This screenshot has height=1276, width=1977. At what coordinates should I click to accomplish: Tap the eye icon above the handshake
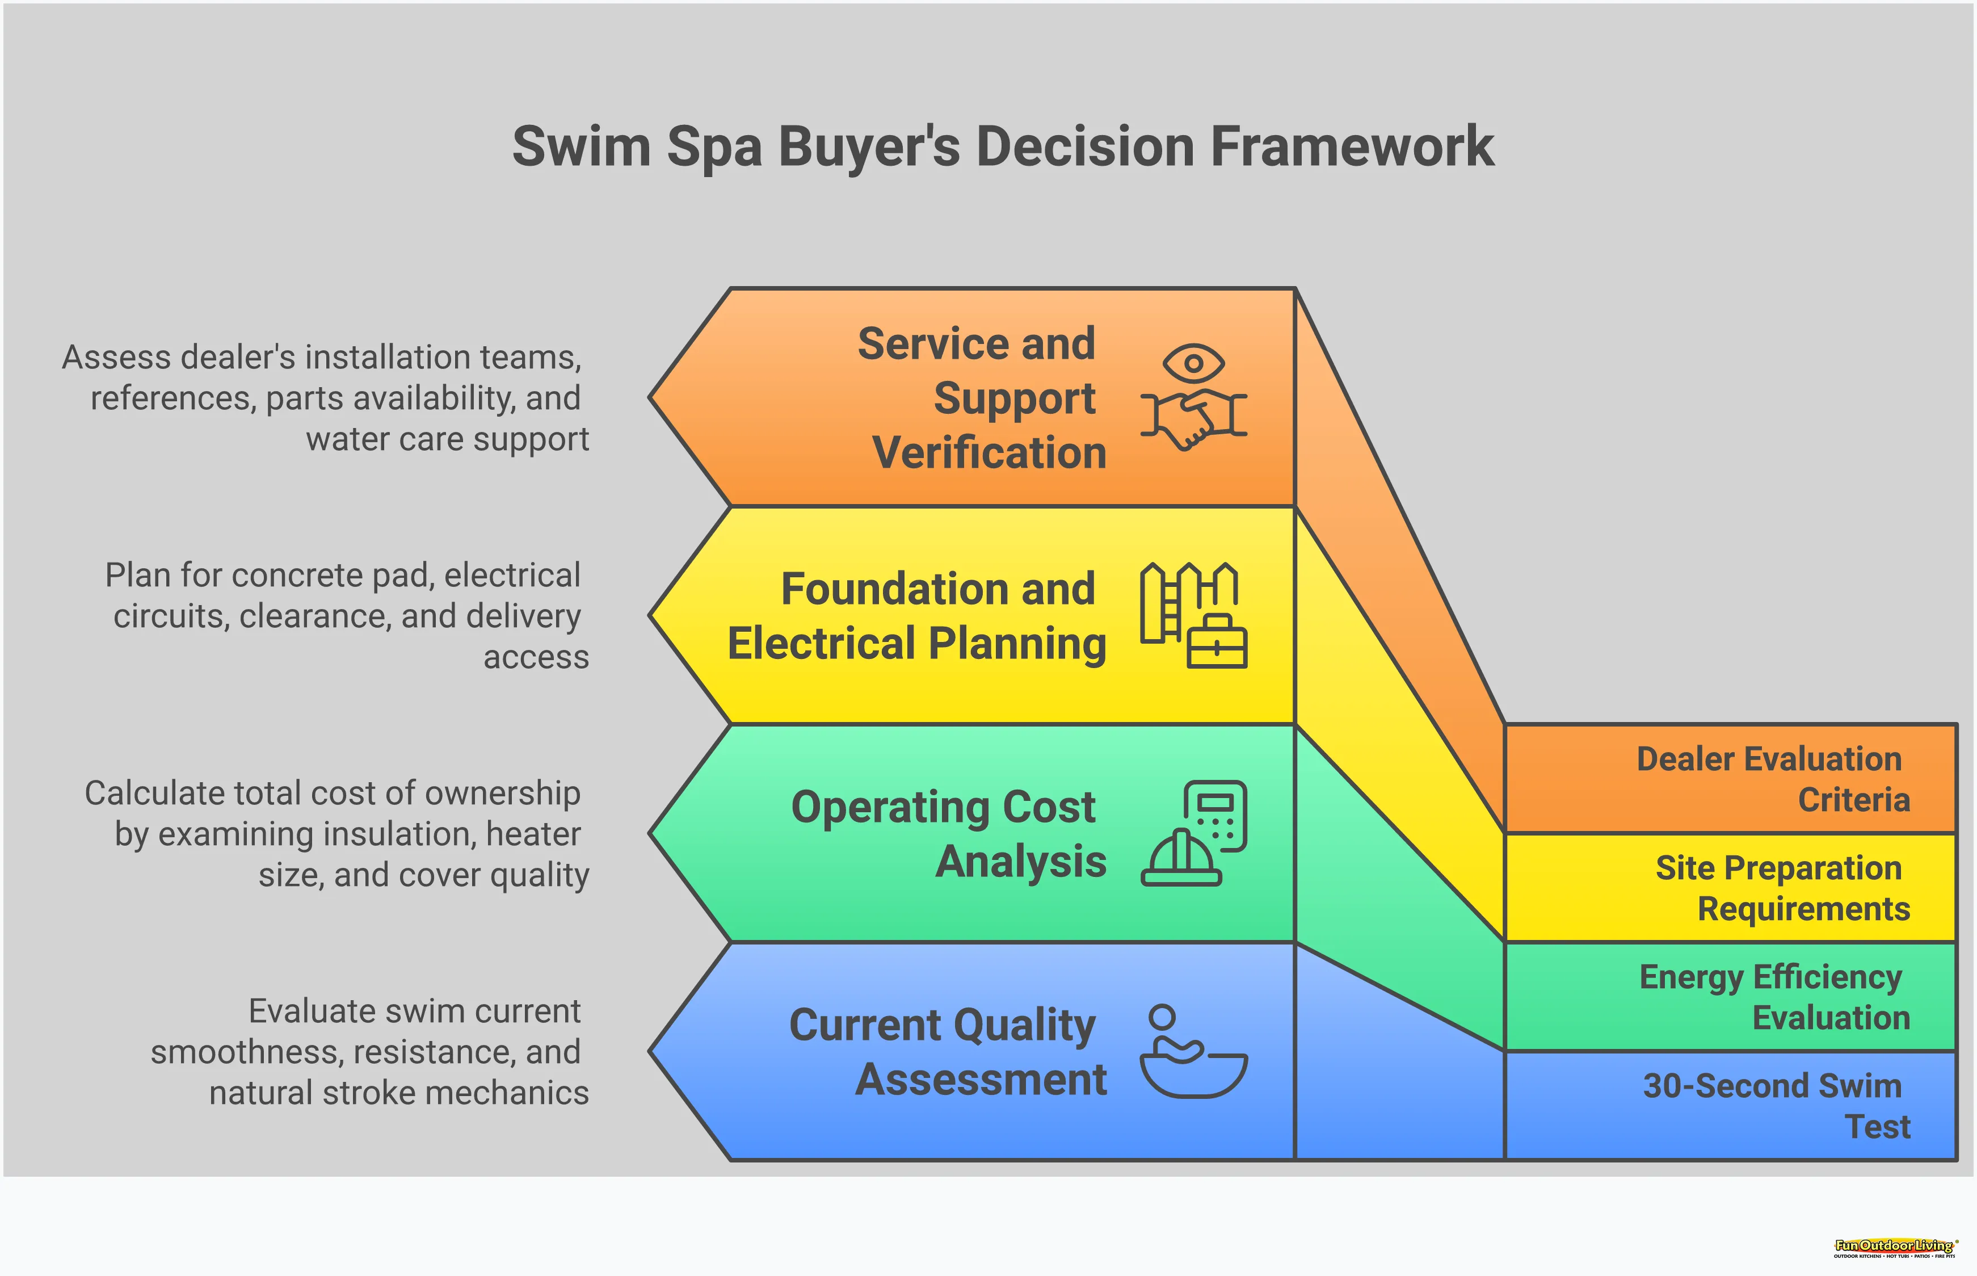click(x=1193, y=363)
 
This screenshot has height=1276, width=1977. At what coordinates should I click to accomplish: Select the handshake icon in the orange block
click(x=1193, y=418)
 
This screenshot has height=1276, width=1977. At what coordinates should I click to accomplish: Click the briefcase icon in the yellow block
click(x=1217, y=642)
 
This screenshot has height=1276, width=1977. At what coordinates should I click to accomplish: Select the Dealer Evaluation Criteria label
click(x=1772, y=779)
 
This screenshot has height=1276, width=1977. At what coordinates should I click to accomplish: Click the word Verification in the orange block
click(x=989, y=453)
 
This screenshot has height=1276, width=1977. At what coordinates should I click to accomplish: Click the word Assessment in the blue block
click(x=981, y=1080)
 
